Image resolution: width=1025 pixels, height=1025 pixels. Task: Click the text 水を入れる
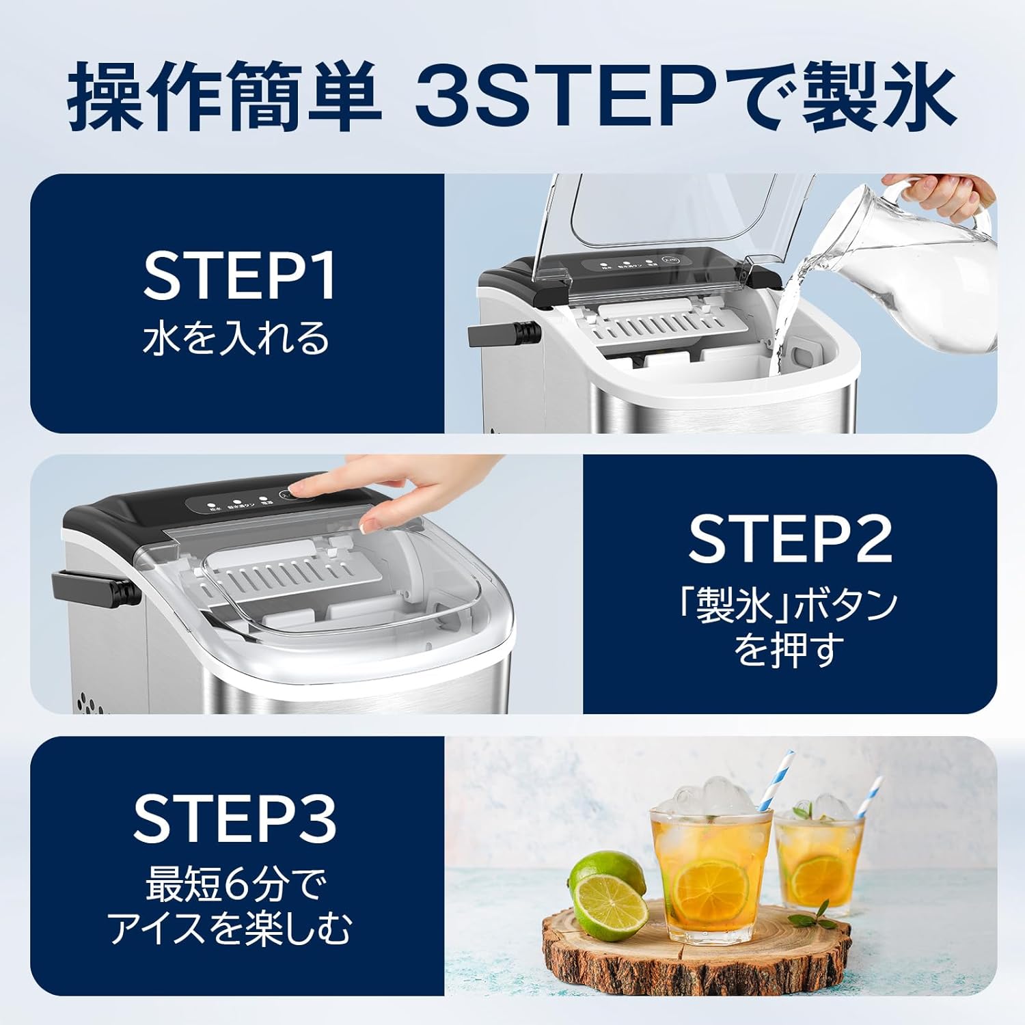tap(236, 339)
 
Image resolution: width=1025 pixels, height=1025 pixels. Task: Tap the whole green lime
tap(607, 881)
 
